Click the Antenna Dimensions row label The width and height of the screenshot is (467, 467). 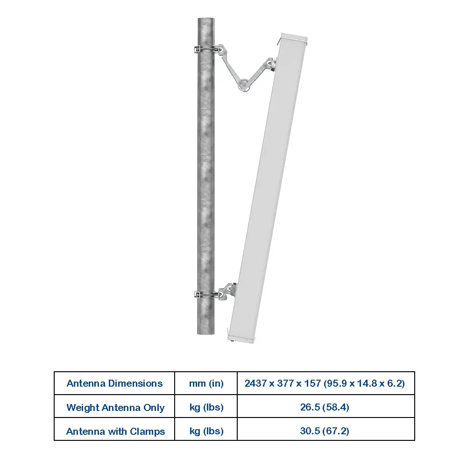point(114,383)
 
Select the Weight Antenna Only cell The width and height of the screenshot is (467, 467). point(115,407)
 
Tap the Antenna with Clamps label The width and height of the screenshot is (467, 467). point(115,431)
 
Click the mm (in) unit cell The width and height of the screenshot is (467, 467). point(206,383)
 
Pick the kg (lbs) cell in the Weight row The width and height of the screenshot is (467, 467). point(206,407)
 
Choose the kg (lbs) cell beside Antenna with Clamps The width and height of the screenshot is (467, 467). point(206,431)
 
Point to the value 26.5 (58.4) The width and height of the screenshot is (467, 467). point(325,407)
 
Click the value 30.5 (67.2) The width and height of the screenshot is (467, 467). point(325,431)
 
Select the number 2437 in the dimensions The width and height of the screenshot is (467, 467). point(255,383)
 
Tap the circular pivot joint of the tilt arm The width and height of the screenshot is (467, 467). point(244,84)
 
